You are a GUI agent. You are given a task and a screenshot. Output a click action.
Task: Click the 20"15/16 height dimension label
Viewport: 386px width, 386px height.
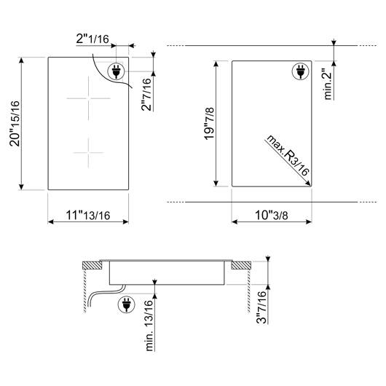(x=15, y=124)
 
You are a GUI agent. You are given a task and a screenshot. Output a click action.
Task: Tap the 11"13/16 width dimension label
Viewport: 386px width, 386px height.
(x=88, y=216)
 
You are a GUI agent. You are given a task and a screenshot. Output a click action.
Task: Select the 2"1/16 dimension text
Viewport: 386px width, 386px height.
(x=92, y=39)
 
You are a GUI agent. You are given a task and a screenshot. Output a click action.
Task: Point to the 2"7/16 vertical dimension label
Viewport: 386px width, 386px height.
(x=146, y=94)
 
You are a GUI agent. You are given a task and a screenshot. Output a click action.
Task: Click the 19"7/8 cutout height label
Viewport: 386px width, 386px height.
(x=209, y=124)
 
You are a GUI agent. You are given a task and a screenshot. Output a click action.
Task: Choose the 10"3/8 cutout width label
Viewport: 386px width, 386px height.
(x=271, y=215)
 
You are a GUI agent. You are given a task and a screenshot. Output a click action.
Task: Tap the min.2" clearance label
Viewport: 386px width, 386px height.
(x=328, y=84)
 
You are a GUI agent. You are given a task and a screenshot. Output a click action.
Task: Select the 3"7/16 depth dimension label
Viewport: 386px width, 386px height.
(x=261, y=307)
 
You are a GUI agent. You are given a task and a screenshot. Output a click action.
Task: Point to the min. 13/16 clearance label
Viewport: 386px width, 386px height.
(x=149, y=326)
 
